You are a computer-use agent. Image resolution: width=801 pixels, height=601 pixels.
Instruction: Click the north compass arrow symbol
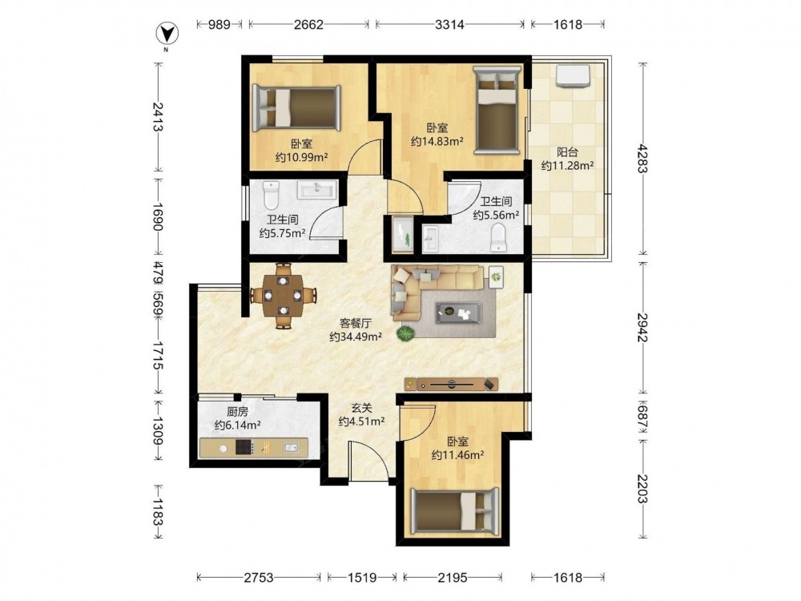tap(167, 34)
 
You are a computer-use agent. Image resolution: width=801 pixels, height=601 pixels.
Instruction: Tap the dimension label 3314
tap(449, 24)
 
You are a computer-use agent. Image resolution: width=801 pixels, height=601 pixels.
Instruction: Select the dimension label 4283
tap(642, 159)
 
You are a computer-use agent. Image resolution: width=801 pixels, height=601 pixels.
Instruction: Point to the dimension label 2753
tap(259, 578)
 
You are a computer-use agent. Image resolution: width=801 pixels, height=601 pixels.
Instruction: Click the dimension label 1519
tap(362, 578)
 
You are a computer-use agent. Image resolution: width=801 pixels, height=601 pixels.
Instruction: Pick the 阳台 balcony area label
tap(567, 151)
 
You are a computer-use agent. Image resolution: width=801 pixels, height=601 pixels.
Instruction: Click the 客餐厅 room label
tap(356, 323)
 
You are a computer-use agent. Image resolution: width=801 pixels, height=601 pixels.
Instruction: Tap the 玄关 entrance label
tap(361, 408)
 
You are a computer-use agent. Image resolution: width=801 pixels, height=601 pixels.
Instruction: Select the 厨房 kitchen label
tap(238, 411)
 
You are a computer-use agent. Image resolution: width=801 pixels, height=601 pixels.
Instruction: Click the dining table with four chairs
tap(283, 296)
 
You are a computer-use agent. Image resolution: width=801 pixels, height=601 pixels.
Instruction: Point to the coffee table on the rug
tap(459, 313)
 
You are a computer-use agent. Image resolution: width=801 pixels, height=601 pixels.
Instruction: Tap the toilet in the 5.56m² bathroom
tap(497, 239)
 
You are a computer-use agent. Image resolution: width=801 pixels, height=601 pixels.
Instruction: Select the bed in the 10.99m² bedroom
tap(297, 108)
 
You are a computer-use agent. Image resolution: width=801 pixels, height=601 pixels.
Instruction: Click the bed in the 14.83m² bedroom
tap(497, 110)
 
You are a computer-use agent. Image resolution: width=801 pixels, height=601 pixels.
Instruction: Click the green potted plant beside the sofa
tap(405, 333)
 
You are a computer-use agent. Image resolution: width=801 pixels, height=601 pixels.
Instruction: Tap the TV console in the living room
tap(451, 385)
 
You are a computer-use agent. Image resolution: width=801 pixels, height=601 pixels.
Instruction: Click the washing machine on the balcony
tap(574, 75)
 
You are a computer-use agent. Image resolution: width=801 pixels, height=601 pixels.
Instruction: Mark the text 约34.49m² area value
tap(356, 337)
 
